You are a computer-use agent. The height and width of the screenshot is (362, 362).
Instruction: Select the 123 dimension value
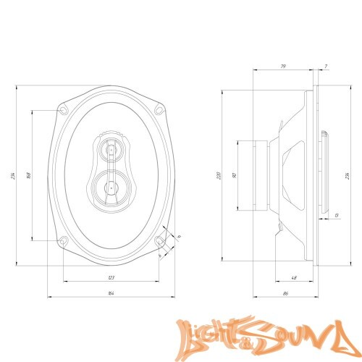(111, 278)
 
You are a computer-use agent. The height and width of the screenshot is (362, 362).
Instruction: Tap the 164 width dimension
(111, 293)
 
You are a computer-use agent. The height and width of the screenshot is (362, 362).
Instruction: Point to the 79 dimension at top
(282, 67)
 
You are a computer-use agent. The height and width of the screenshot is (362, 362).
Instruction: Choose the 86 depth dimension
(285, 293)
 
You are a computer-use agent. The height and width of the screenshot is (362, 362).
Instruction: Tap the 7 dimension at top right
(327, 67)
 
